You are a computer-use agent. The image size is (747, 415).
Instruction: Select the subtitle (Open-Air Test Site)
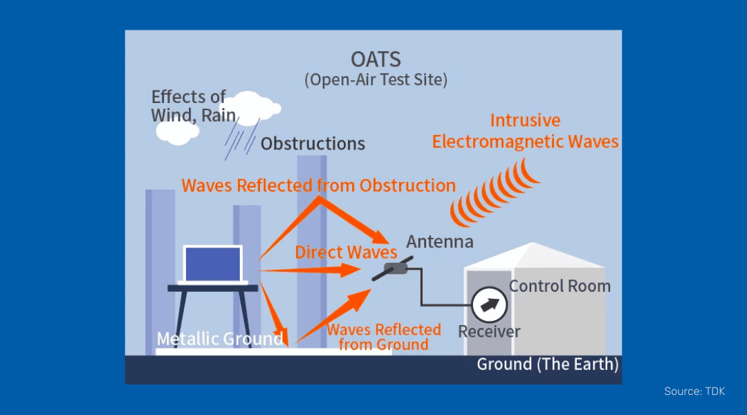(x=376, y=80)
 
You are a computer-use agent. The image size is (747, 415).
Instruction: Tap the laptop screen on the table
(x=212, y=264)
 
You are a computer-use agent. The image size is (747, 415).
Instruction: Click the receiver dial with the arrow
(x=490, y=304)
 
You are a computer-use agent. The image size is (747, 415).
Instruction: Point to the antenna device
(x=393, y=268)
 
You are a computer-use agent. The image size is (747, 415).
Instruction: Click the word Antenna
(x=439, y=241)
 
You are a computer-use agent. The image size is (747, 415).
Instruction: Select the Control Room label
(x=560, y=286)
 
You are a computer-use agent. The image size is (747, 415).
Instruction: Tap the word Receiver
(x=489, y=331)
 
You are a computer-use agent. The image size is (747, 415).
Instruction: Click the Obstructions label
(x=313, y=144)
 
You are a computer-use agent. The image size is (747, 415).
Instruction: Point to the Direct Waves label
(x=346, y=252)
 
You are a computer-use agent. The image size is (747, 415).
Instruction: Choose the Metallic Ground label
(x=220, y=339)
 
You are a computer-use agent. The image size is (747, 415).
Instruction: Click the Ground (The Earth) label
(x=547, y=364)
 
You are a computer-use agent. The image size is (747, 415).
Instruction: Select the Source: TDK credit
(x=694, y=391)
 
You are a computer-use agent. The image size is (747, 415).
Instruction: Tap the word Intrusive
(x=525, y=120)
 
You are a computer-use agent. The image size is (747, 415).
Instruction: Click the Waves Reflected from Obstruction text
(x=318, y=185)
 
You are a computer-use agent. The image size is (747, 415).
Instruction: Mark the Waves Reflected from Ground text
(x=383, y=337)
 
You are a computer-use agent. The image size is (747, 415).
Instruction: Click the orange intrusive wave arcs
(x=493, y=192)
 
